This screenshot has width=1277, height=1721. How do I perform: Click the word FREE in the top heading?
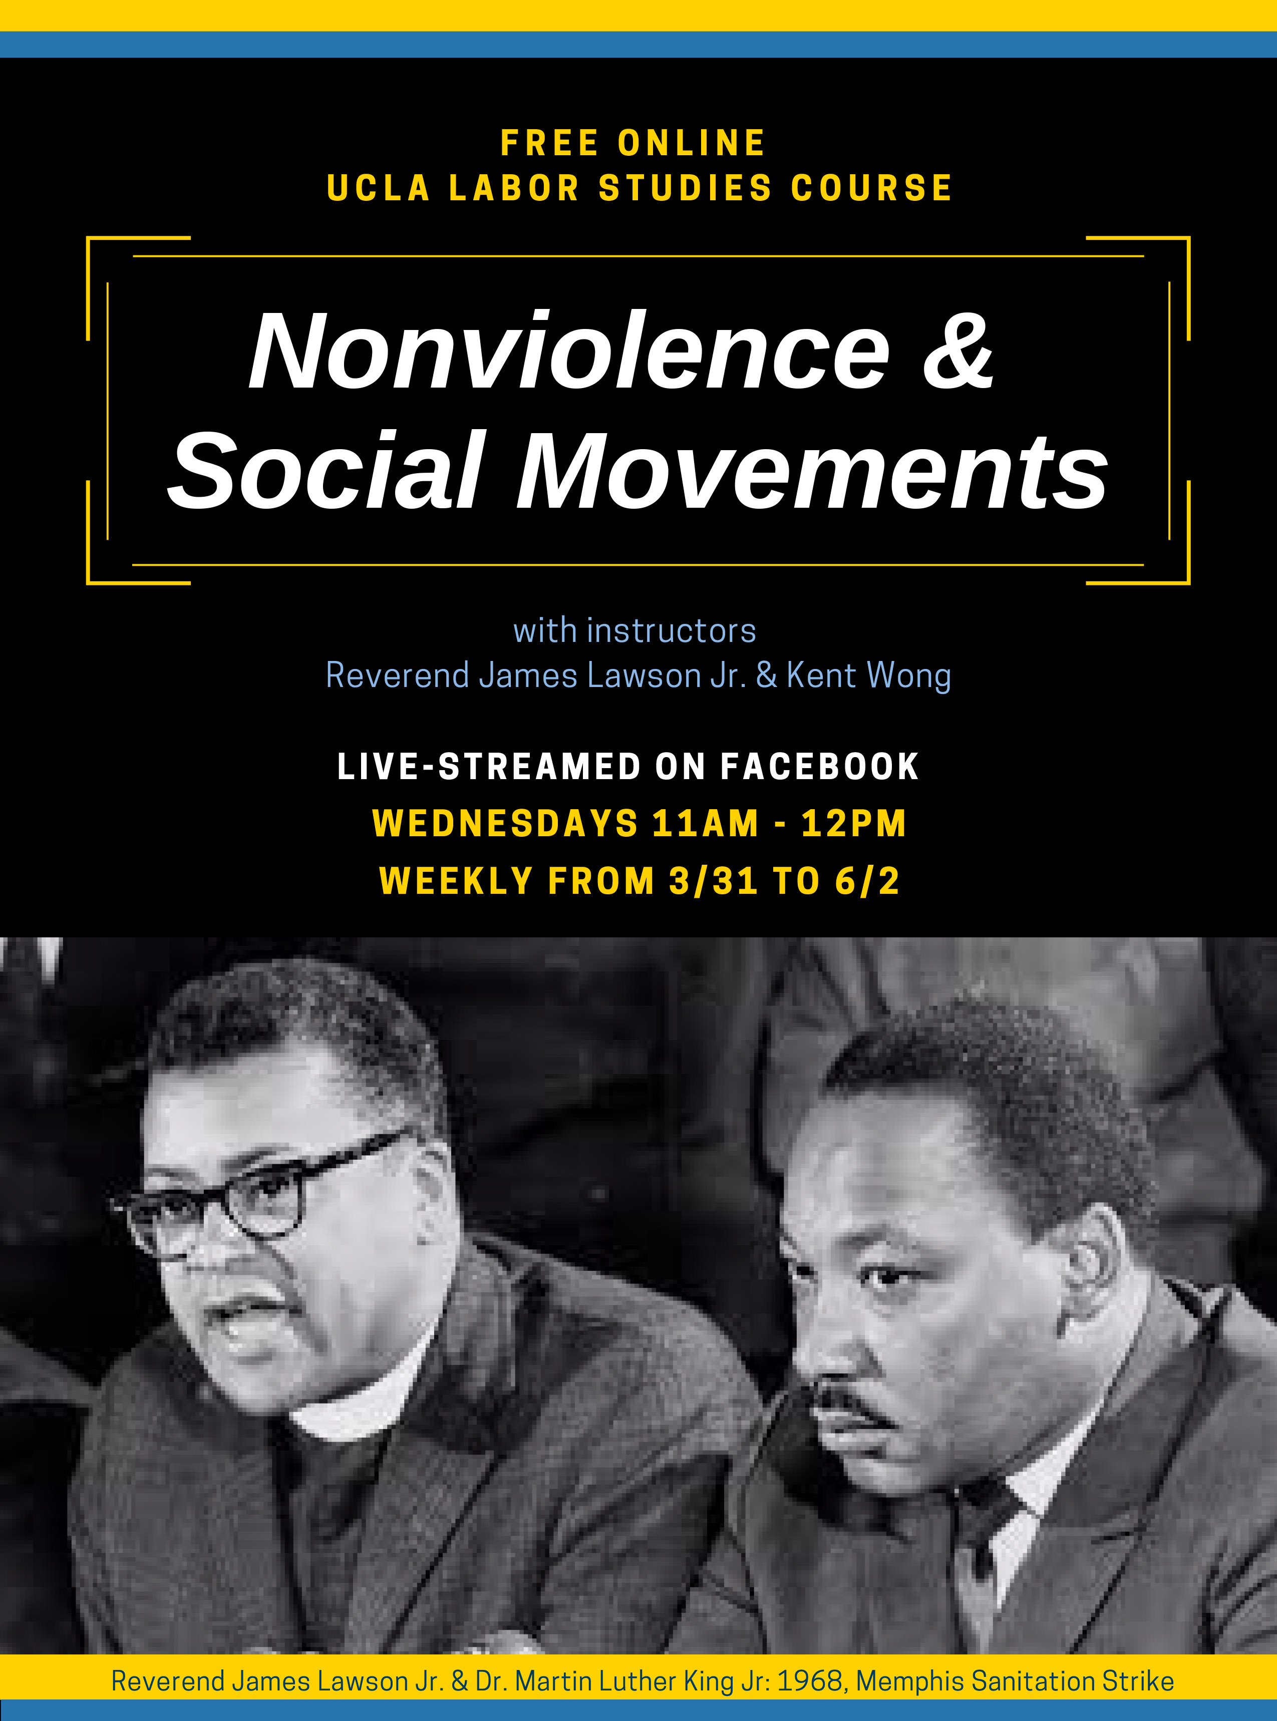tap(549, 143)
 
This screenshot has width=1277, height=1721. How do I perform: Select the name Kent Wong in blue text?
tap(869, 676)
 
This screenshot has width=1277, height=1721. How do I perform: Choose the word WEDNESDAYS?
tap(506, 823)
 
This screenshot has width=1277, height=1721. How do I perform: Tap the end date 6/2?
tap(867, 881)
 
